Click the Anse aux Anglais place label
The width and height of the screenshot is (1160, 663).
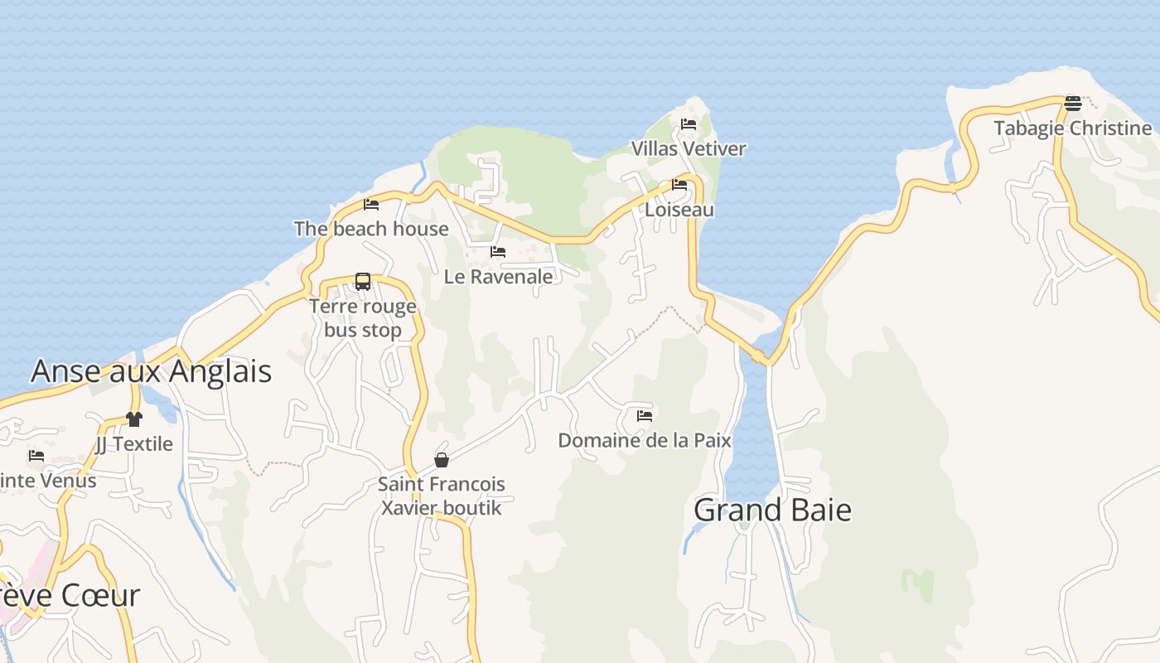click(x=151, y=371)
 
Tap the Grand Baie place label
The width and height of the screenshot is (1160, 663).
click(x=772, y=510)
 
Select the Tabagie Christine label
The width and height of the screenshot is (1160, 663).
click(x=1072, y=128)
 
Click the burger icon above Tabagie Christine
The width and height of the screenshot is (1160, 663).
click(x=1073, y=104)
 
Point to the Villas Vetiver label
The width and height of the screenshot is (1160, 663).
click(x=689, y=149)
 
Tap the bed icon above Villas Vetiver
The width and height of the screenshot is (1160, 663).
click(x=689, y=124)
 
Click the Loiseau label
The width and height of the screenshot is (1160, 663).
click(x=679, y=210)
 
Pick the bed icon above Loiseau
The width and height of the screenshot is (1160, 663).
click(x=679, y=185)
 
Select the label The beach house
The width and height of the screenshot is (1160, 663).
click(x=371, y=229)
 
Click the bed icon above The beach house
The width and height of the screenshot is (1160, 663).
click(x=371, y=204)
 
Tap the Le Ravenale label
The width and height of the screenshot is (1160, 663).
click(x=498, y=277)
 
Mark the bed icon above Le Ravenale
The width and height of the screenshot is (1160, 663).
click(x=498, y=252)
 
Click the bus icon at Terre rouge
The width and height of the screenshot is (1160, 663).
click(x=363, y=282)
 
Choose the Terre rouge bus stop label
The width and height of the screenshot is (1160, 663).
click(x=363, y=318)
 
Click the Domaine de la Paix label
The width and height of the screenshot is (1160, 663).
click(x=645, y=440)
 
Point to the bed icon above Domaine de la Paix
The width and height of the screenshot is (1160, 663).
click(x=645, y=415)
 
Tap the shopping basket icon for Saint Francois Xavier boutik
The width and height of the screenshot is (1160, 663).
click(x=442, y=460)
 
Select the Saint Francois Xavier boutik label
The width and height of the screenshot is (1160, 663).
click(x=442, y=496)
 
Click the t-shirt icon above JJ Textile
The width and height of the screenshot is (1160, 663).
click(x=134, y=419)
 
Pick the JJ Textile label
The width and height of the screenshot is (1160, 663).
click(x=134, y=444)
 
